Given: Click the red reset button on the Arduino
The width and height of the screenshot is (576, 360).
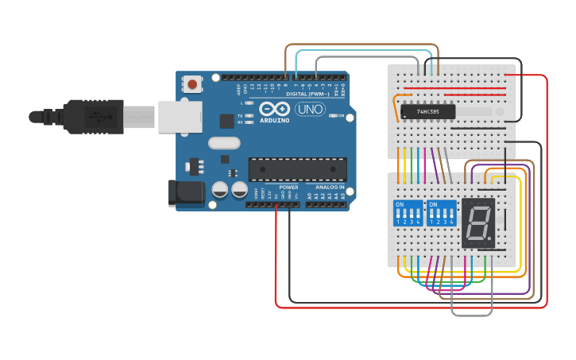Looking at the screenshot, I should click(x=192, y=83).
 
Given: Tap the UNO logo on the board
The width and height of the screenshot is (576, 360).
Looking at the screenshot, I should click(x=310, y=109).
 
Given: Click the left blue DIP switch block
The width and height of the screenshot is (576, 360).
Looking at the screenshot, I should click(x=408, y=214).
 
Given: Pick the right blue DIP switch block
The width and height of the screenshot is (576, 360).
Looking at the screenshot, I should click(x=441, y=214).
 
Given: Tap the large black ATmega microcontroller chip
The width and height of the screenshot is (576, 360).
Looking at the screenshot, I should click(x=298, y=169).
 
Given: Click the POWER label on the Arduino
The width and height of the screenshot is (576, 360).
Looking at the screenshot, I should click(x=288, y=188).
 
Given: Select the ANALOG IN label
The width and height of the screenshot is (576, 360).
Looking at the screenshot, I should click(x=330, y=188).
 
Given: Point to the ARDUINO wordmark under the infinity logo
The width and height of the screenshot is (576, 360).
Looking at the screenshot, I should click(x=273, y=120).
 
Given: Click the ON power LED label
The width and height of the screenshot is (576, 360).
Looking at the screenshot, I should click(x=341, y=116).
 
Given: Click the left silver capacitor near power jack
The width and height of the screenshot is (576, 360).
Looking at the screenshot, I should click(x=220, y=190).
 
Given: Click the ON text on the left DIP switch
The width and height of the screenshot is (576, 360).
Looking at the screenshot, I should click(x=400, y=204).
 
